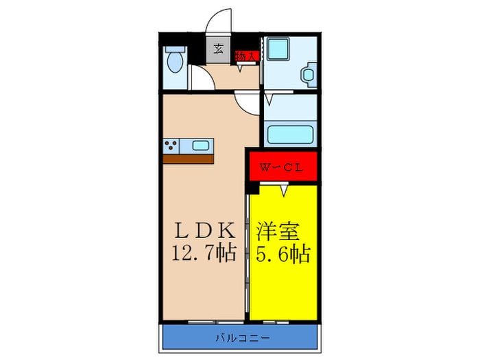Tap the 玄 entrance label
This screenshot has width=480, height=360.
click(x=218, y=49)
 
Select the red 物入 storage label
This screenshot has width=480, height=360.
click(x=246, y=57)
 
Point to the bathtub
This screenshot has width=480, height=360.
click(x=290, y=133)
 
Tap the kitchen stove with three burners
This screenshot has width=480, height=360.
click(x=171, y=145)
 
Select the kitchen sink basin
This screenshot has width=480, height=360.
click(x=201, y=145)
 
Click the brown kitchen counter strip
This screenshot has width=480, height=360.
click(x=189, y=159)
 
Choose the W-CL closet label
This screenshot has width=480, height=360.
click(x=281, y=167)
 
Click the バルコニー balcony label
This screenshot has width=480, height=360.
click(x=240, y=337)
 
